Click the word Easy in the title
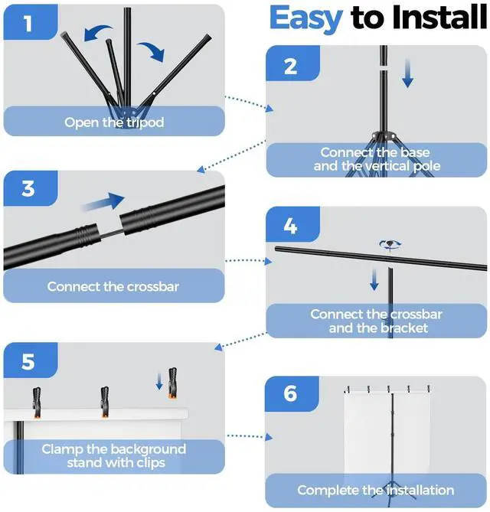tap(306, 19)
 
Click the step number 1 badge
tap(31, 22)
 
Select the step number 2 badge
tap(292, 64)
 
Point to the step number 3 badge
tap(31, 188)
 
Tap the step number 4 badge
tap(292, 225)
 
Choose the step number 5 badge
tap(31, 360)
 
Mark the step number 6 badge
tap(292, 394)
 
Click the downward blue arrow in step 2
tap(407, 73)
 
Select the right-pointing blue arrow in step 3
tap(103, 201)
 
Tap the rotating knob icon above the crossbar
tap(390, 245)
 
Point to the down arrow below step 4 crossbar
tap(374, 279)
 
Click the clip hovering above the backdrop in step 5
tap(172, 383)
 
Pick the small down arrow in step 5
tap(159, 381)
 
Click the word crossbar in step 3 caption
tap(153, 287)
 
